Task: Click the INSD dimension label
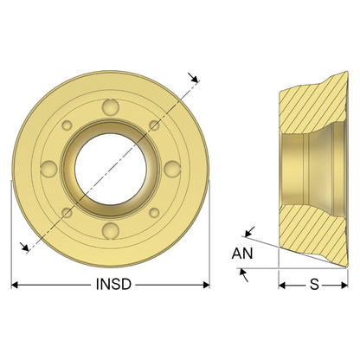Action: [113, 284]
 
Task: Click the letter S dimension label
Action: [314, 285]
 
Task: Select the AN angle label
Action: [242, 254]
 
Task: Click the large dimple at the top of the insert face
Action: [111, 107]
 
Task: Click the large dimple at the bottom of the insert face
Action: [111, 230]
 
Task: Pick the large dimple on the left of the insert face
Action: [48, 169]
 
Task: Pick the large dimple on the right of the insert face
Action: [172, 169]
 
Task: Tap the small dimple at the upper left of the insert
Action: [67, 125]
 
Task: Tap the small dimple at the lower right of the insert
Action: [154, 213]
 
